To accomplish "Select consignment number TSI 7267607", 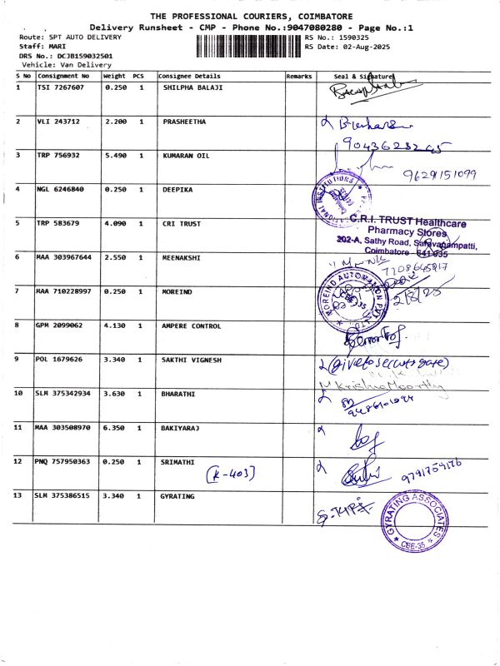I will (x=60, y=87).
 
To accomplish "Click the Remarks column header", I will (x=298, y=76).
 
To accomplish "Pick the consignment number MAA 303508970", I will (x=64, y=427).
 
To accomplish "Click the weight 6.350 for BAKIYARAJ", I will (x=115, y=427).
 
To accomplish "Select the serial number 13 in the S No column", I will (x=20, y=496).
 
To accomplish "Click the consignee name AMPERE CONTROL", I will (x=192, y=326).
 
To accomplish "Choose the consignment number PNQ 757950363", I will (x=63, y=461).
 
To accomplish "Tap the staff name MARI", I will (x=47, y=47).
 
